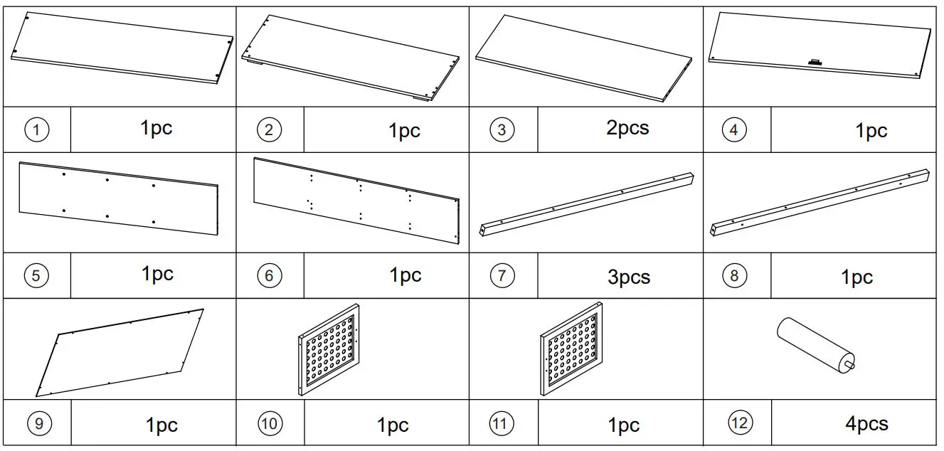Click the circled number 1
(37, 129)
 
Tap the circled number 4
(734, 129)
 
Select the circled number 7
(502, 275)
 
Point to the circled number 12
(740, 423)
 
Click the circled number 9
(39, 424)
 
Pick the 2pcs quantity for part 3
(627, 128)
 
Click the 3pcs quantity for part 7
(628, 277)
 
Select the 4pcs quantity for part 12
(866, 424)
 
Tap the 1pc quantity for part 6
(405, 275)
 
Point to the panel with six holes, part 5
(118, 198)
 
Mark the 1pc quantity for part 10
(392, 425)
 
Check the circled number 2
(269, 129)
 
